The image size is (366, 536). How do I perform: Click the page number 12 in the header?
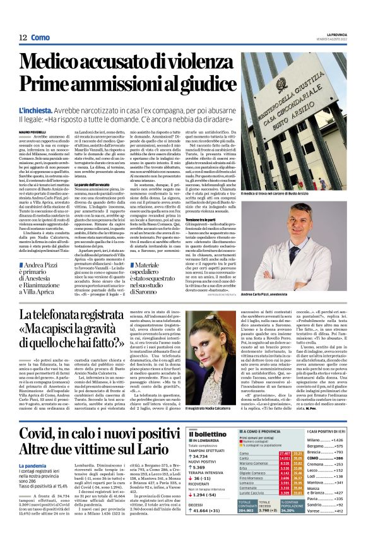[22, 38]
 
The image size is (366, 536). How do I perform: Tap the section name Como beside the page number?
[41, 38]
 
